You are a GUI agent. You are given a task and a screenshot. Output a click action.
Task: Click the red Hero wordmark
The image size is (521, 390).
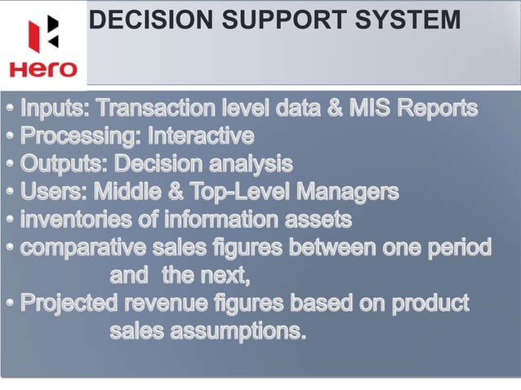43,69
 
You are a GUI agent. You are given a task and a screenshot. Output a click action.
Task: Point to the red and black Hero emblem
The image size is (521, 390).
43,33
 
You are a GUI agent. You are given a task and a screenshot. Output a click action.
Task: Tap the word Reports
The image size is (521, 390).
442,109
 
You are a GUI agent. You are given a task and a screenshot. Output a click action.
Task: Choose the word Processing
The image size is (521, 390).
78,135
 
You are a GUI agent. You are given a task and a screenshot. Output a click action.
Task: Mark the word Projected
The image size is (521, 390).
74,304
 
